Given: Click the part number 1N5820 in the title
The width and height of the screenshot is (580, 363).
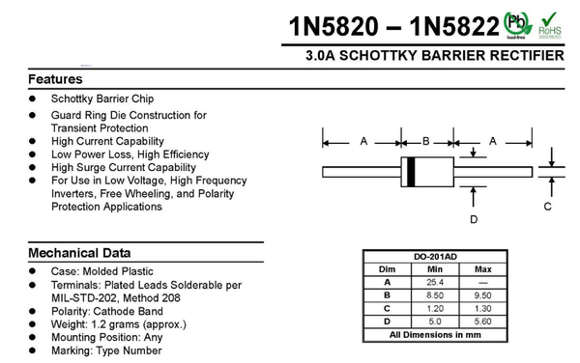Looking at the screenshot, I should (338, 25).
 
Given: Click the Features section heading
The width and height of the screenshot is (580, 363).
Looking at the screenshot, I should (55, 79).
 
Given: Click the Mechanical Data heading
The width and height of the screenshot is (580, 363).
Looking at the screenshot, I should (79, 253).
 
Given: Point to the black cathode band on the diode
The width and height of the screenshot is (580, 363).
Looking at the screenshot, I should (411, 171).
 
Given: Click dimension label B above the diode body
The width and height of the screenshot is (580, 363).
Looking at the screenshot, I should (425, 142).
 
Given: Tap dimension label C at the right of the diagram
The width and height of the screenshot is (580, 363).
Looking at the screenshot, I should (547, 207).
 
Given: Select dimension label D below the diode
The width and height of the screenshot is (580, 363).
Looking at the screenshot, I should (474, 219).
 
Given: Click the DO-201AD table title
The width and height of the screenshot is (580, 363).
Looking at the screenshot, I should (436, 256).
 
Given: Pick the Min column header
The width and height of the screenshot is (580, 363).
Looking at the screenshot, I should (435, 268).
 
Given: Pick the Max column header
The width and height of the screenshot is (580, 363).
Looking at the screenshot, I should (483, 268).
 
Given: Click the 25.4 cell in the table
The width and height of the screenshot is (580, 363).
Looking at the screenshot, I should (435, 281).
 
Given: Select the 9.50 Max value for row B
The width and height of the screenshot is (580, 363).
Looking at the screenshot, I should (483, 294).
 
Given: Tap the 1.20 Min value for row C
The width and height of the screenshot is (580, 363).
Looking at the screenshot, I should (435, 308).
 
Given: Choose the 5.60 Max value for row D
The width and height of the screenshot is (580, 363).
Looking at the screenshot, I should (483, 321).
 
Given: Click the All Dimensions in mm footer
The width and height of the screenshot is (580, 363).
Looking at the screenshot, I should (436, 335).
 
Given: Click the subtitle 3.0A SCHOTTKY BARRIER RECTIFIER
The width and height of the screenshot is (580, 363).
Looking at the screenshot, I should (434, 56).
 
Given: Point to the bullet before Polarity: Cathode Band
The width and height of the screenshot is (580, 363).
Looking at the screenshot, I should (32, 312).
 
